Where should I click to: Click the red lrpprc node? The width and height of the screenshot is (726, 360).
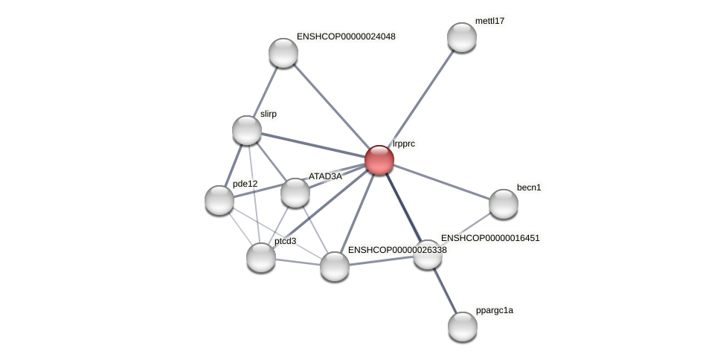pos(379,159)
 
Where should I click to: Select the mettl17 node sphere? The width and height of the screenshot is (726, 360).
pos(461,37)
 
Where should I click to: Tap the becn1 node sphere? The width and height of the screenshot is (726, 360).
pos(503,204)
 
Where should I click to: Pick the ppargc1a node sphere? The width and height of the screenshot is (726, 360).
pos(462,326)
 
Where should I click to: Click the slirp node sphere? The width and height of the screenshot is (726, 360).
pos(246,130)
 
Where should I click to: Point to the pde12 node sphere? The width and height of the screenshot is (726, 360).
pos(219,199)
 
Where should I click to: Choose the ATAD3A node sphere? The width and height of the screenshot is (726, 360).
pos(295,193)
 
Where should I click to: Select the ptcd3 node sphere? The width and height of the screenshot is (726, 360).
pos(260,257)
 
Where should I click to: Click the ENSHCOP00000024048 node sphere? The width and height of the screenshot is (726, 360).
pos(283,52)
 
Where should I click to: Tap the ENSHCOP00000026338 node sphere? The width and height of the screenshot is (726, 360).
pos(334,266)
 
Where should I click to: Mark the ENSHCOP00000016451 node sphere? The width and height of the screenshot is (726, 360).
pos(427,254)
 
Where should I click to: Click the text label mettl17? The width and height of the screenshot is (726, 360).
pos(489,21)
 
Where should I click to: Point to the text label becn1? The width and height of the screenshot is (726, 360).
pos(529,187)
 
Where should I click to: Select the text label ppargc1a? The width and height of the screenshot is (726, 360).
pos(494,310)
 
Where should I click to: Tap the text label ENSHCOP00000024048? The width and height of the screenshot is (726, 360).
pos(346,36)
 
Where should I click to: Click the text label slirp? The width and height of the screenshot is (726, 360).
pos(268,114)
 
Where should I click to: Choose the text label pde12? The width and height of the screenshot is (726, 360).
pos(245,184)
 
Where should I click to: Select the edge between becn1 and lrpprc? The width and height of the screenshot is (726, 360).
pos(440,181)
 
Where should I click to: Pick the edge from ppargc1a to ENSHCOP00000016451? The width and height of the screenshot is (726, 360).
pos(445,290)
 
